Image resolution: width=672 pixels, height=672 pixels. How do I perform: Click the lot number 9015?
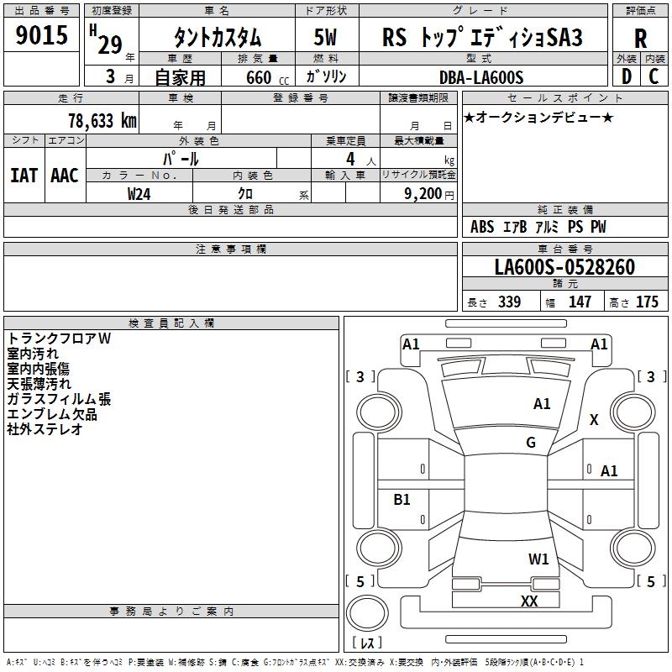[x=42, y=36]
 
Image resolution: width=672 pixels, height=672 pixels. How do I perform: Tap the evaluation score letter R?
[x=641, y=38]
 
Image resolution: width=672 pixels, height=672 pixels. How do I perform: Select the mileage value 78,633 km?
[x=102, y=121]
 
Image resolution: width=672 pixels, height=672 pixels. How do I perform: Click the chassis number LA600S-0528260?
[x=564, y=268]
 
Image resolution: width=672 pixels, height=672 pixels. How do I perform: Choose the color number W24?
[x=139, y=193]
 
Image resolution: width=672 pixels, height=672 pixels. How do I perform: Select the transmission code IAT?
[x=24, y=175]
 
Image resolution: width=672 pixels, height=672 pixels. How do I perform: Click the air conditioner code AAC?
[x=65, y=175]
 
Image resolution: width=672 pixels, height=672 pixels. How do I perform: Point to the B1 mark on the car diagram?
[x=402, y=500]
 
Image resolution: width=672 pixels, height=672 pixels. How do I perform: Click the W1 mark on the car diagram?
[x=538, y=559]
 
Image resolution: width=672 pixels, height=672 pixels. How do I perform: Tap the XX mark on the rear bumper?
[x=529, y=601]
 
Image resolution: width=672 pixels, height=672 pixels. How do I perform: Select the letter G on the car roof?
[x=531, y=443]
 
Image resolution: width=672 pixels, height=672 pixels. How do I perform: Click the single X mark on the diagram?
[x=594, y=420]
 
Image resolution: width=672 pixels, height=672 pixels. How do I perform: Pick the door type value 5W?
[x=325, y=38]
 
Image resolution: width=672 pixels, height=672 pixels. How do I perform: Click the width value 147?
[x=580, y=302]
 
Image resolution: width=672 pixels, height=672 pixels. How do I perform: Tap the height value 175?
[x=647, y=302]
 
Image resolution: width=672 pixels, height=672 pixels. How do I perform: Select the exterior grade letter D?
[x=626, y=76]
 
